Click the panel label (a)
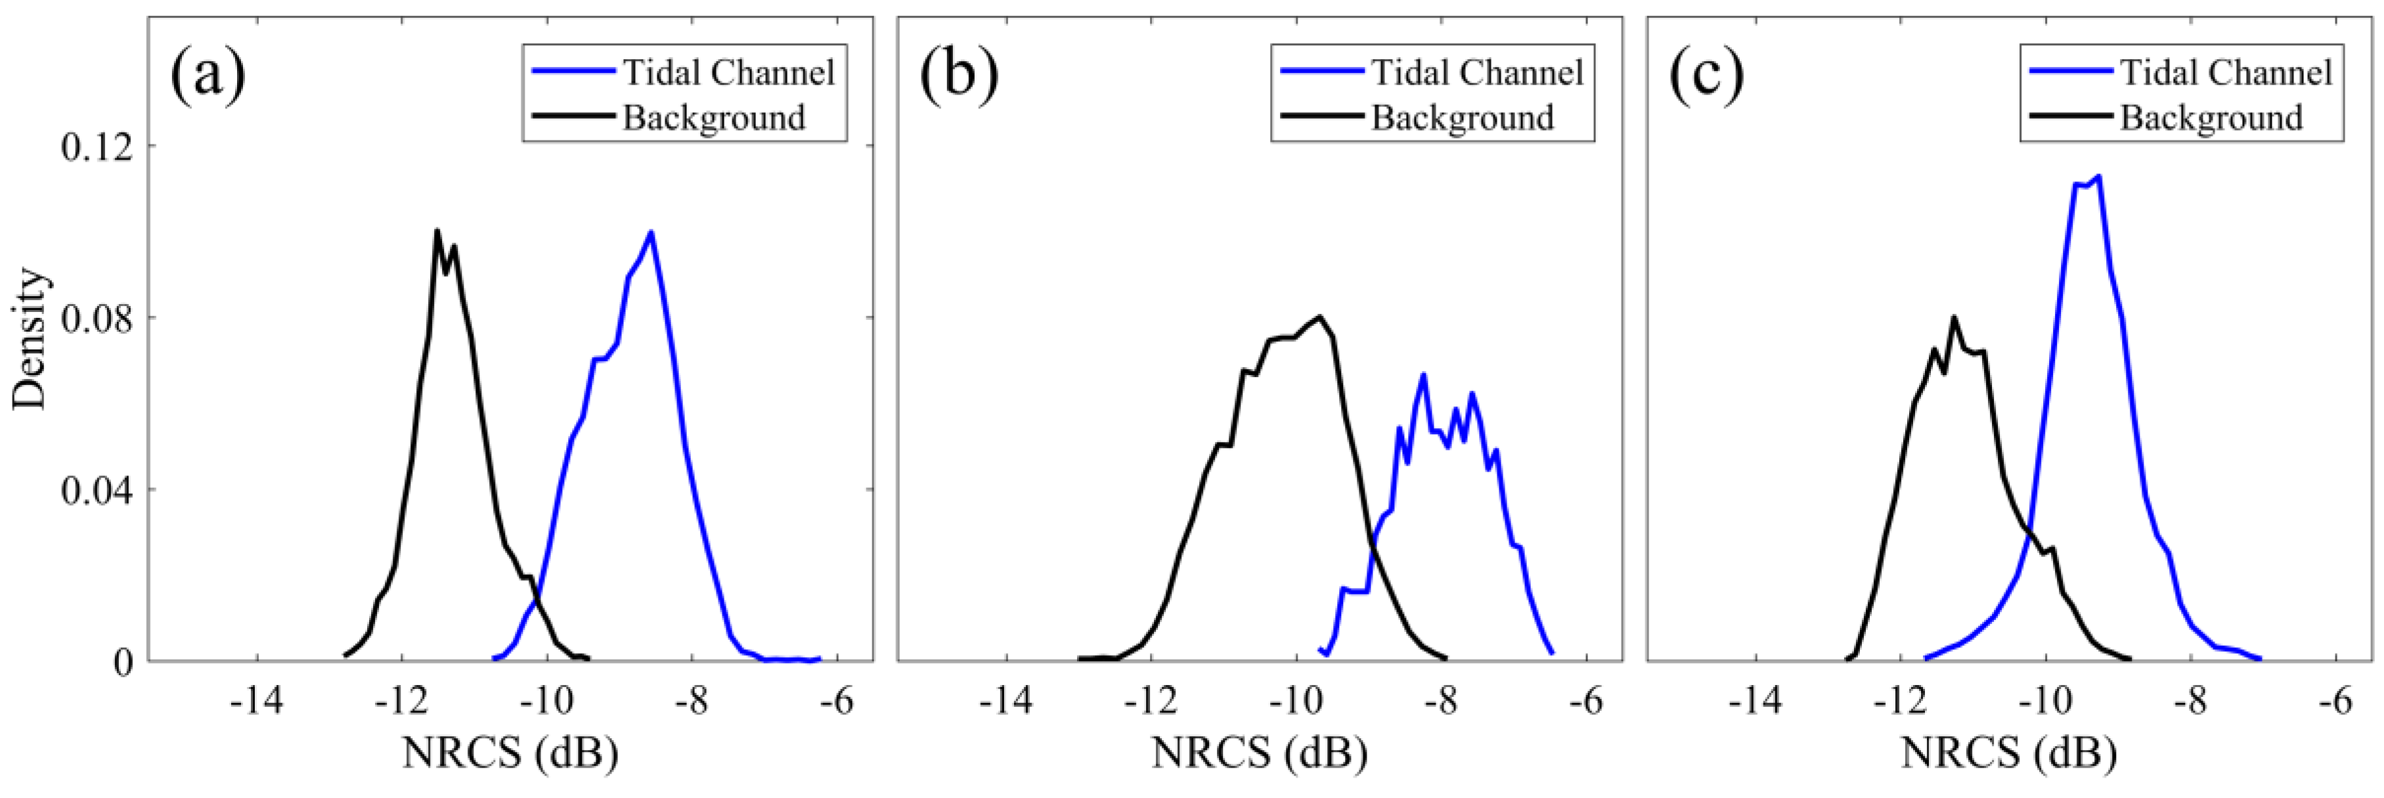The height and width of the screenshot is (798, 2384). click(208, 74)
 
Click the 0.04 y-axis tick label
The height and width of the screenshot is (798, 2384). click(97, 490)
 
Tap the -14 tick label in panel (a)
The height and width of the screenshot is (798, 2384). click(256, 703)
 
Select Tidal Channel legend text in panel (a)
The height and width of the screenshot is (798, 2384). click(728, 72)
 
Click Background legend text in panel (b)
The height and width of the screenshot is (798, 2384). click(1462, 118)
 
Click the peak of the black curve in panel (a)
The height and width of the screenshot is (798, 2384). click(437, 231)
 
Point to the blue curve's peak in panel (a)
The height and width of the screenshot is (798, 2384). click(651, 233)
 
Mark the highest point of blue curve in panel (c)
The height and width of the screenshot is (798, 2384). click(2099, 176)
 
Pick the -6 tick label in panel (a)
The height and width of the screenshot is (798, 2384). click(835, 703)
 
